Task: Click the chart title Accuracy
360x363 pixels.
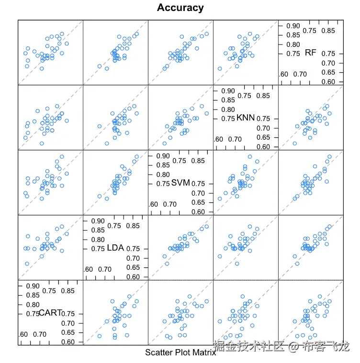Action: point(180,8)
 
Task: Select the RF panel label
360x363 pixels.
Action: point(311,53)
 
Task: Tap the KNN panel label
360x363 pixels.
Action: point(246,118)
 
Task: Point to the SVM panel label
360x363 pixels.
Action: point(180,183)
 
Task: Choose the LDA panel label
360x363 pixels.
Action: point(115,248)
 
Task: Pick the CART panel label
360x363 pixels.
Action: point(50,313)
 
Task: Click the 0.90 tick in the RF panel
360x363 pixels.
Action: point(293,25)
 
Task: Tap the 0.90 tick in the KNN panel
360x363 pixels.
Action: point(228,90)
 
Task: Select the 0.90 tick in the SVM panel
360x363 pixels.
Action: point(163,155)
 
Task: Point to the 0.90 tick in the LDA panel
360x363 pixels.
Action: point(98,220)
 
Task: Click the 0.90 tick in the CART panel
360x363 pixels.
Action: point(33,286)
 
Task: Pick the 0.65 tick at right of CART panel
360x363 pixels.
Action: point(67,332)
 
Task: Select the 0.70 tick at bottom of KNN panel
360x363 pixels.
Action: point(235,139)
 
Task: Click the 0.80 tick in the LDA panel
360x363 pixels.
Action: point(98,239)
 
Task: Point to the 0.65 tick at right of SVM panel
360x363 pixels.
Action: point(198,202)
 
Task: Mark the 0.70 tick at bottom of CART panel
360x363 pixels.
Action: point(39,334)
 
